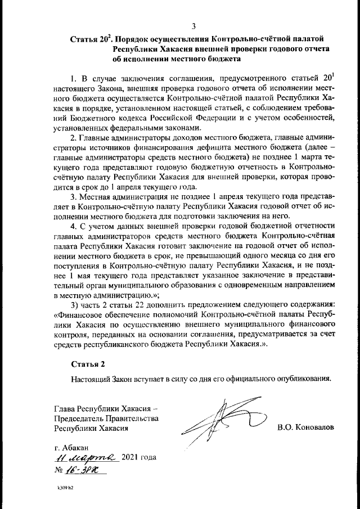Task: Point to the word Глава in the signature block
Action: (64, 408)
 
